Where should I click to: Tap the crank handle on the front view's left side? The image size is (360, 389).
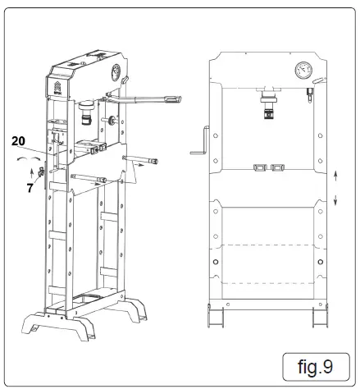point(196,144)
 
